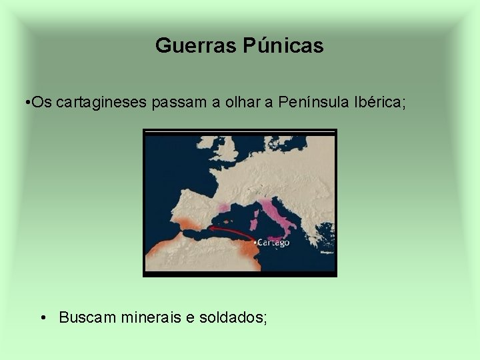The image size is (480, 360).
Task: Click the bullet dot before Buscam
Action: pyautogui.click(x=43, y=317)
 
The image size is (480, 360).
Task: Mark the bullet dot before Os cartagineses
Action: pyautogui.click(x=24, y=103)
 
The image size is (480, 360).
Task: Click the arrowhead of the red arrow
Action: pyautogui.click(x=209, y=229)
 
